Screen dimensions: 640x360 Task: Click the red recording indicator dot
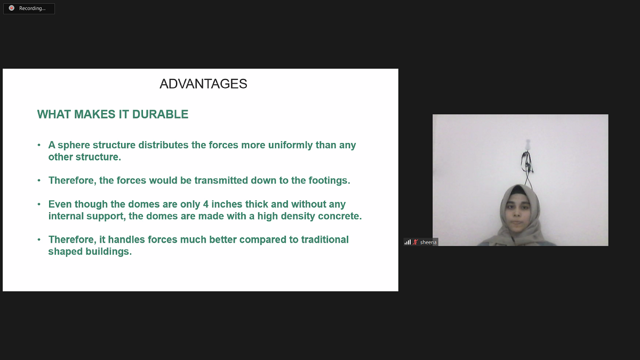pyautogui.click(x=11, y=8)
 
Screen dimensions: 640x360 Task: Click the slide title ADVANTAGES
pyautogui.click(x=203, y=84)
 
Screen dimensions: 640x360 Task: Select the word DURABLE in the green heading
pyautogui.click(x=160, y=114)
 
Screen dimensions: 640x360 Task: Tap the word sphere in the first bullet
pyautogui.click(x=74, y=146)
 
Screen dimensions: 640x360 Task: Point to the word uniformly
pyautogui.click(x=290, y=145)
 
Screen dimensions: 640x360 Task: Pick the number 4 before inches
pyautogui.click(x=206, y=204)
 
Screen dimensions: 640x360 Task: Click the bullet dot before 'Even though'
pyautogui.click(x=39, y=204)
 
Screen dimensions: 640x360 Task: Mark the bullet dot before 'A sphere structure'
pyautogui.click(x=39, y=145)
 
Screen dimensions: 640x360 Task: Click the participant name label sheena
pyautogui.click(x=428, y=242)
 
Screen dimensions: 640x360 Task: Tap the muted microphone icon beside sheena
pyautogui.click(x=415, y=242)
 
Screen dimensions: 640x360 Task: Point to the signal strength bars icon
pyautogui.click(x=407, y=242)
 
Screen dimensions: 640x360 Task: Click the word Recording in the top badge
pyautogui.click(x=32, y=9)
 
